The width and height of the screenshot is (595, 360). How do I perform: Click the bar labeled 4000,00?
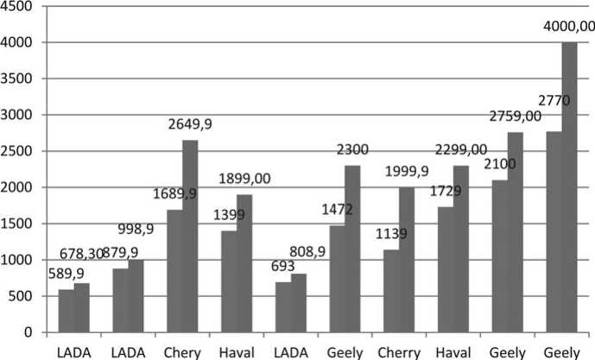568,187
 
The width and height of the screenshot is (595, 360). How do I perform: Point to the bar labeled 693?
282,307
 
